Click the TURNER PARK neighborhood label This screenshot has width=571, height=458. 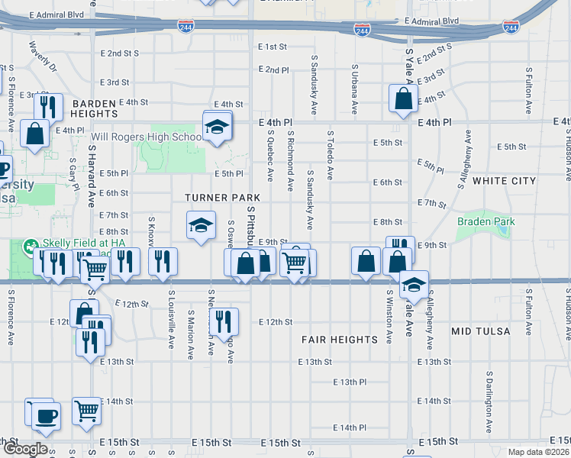coord(217,198)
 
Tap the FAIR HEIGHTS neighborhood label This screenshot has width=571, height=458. coord(340,339)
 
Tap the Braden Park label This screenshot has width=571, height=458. coord(486,222)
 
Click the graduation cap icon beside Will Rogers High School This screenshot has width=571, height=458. coord(218,126)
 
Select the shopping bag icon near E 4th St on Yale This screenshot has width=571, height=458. coord(403,98)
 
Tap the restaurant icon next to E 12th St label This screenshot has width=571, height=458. coord(224,320)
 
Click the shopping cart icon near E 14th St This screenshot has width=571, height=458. coord(87,410)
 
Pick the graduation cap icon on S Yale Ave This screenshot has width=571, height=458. coord(413,284)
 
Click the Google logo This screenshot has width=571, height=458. coord(25,449)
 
